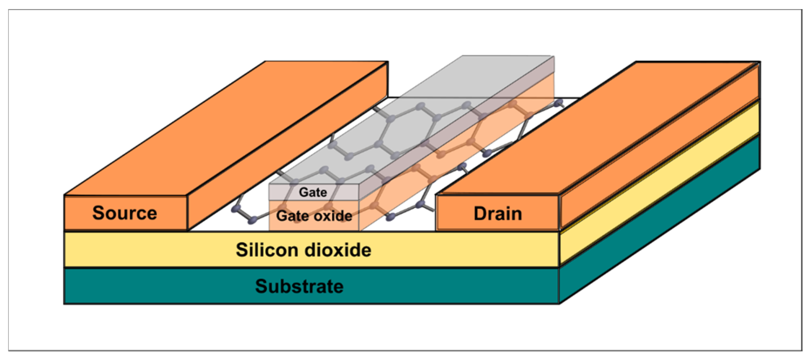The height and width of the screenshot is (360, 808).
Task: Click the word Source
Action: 124,213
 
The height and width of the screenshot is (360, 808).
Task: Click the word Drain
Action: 497,214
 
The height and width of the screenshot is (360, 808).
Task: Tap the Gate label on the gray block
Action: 313,192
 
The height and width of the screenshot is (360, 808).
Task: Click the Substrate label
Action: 299,286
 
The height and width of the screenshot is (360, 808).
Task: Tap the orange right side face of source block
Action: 288,144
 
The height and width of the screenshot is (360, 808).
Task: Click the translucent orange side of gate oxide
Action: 457,152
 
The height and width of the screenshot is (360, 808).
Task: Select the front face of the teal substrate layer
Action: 169,286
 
